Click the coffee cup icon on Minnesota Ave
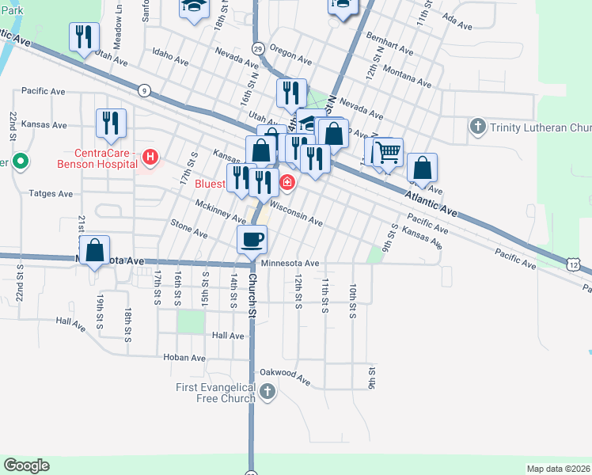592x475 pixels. [x=252, y=238]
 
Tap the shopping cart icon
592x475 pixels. [x=388, y=151]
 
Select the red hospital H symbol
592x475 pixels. [x=150, y=158]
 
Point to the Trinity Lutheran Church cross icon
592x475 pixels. [x=477, y=127]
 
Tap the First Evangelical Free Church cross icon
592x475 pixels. [x=268, y=391]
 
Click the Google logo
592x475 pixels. [x=26, y=465]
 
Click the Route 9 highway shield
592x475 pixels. [x=143, y=91]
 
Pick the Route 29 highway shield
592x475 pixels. [x=258, y=49]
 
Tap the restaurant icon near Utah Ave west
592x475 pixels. [x=84, y=37]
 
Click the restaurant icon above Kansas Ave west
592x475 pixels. [x=110, y=123]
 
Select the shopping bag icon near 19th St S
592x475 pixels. [x=95, y=249]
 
